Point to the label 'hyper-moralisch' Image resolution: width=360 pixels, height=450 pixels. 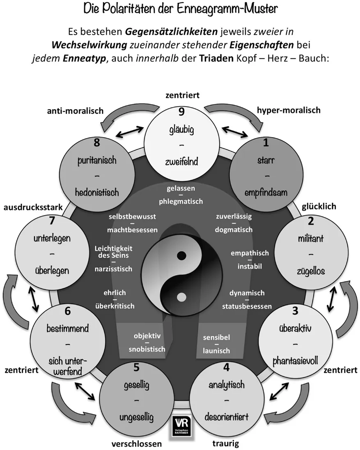tap(289, 110)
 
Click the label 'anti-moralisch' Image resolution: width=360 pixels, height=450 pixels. tap(75, 111)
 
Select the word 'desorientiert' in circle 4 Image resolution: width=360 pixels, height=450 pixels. tap(227, 417)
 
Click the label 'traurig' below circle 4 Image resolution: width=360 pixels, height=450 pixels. tap(226, 444)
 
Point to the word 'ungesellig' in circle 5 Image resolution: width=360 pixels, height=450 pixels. tap(136, 418)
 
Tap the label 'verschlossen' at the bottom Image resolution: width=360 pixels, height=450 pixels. tap(137, 444)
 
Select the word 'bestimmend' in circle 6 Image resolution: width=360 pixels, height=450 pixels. tap(67, 329)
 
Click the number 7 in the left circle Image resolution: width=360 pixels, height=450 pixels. tap(52, 220)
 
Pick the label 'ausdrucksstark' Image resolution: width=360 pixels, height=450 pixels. tap(33, 208)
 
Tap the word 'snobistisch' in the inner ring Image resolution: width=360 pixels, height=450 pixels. tap(147, 349)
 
